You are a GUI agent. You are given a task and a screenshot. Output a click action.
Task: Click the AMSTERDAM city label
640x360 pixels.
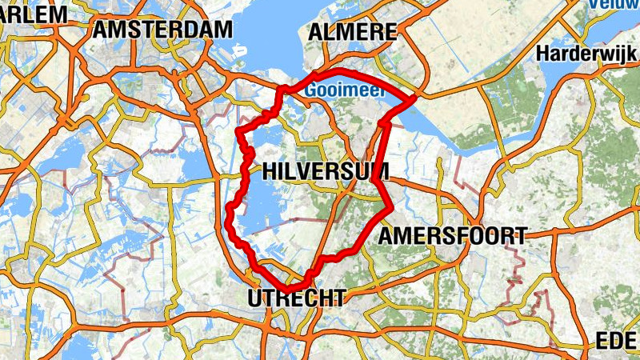click(x=162, y=30)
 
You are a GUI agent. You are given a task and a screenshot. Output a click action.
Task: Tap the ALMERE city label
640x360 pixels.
click(x=352, y=32)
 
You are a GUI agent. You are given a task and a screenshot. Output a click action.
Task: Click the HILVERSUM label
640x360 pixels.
click(x=325, y=171)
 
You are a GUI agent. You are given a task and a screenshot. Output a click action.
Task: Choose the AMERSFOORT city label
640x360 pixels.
click(x=452, y=236)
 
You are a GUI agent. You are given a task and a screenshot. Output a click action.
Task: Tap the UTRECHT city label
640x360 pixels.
click(x=298, y=298)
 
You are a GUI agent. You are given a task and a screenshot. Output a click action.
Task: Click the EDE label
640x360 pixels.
click(x=616, y=342)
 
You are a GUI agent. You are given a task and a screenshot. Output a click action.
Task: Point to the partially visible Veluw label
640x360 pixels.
click(x=614, y=5)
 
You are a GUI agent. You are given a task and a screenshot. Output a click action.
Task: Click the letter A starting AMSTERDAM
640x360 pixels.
click(x=101, y=30)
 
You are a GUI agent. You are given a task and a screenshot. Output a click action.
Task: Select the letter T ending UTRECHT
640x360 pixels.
click(x=341, y=298)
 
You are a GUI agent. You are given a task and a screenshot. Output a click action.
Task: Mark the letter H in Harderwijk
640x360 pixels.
click(x=544, y=54)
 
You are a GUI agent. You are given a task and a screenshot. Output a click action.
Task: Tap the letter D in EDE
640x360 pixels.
click(x=617, y=342)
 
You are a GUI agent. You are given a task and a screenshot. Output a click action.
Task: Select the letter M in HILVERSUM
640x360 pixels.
click(x=379, y=171)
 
